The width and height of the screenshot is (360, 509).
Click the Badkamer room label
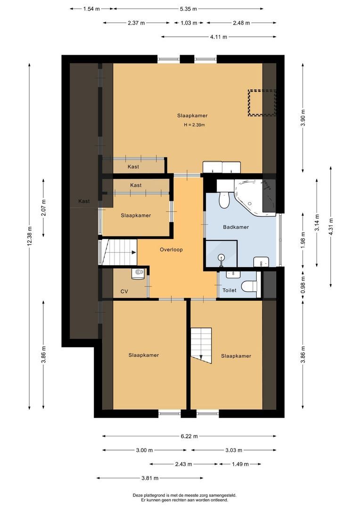coord(236,227)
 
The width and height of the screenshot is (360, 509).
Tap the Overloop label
coord(171,250)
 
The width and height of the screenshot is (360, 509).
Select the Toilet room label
coord(229,291)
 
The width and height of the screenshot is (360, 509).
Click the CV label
coord(124,292)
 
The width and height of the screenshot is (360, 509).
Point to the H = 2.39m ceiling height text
coord(195,125)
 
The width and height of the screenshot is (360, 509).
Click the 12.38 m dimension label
coord(30,235)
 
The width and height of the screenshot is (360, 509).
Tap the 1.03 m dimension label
coord(188,23)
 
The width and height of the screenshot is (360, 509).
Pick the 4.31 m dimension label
coord(331,226)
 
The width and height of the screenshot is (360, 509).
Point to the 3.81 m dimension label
coord(149,478)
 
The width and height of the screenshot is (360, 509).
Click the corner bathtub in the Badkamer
coord(254,196)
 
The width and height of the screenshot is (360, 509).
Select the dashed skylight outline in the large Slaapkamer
coord(262,102)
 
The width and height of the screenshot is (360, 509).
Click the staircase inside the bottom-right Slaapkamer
coord(201,345)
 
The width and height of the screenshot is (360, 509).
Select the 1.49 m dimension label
coord(240,464)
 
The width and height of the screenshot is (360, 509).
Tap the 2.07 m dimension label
coord(44,207)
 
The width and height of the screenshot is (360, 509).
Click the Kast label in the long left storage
coord(84,201)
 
